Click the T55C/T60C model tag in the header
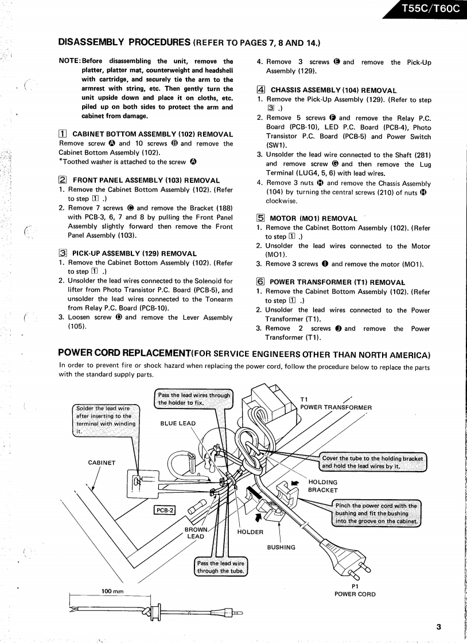(430, 9)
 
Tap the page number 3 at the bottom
(438, 627)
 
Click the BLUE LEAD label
(178, 424)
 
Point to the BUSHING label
(281, 547)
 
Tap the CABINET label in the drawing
(102, 463)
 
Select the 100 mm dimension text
(114, 591)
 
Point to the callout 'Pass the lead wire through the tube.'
(221, 567)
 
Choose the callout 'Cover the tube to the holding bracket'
(372, 462)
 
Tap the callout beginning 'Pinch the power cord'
(378, 513)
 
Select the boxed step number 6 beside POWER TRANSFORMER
(260, 282)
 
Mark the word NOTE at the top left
(70, 61)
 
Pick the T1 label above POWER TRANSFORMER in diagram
(304, 399)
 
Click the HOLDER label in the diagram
(250, 532)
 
